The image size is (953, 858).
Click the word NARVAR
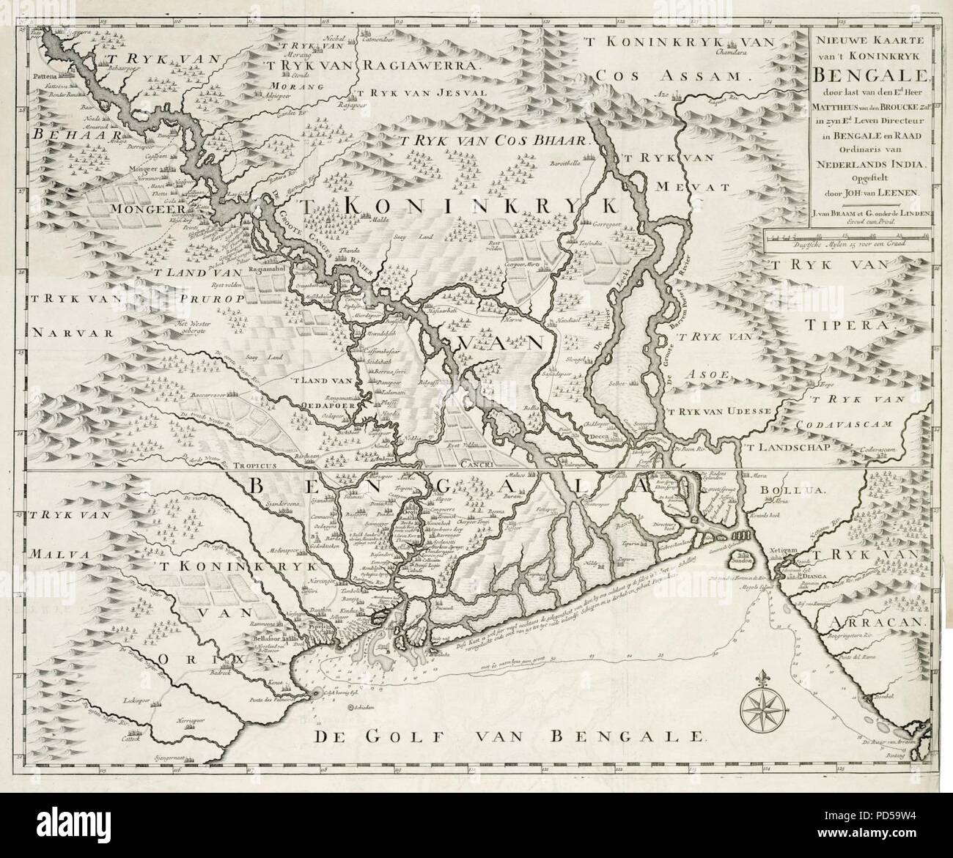click(x=65, y=331)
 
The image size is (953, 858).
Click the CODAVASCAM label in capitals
click(x=856, y=423)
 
